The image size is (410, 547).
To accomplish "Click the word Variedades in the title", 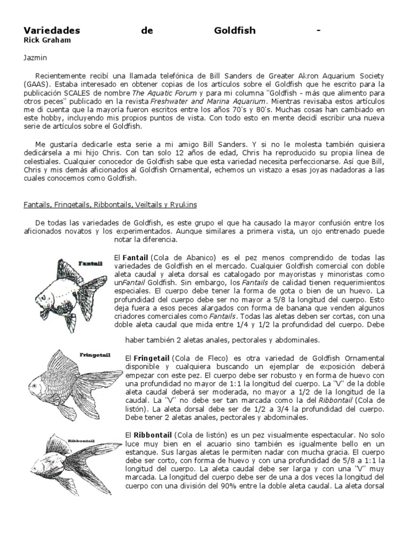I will tap(52, 30).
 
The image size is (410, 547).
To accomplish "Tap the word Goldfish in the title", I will tap(234, 30).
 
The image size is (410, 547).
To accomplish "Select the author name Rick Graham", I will tap(47, 40).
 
